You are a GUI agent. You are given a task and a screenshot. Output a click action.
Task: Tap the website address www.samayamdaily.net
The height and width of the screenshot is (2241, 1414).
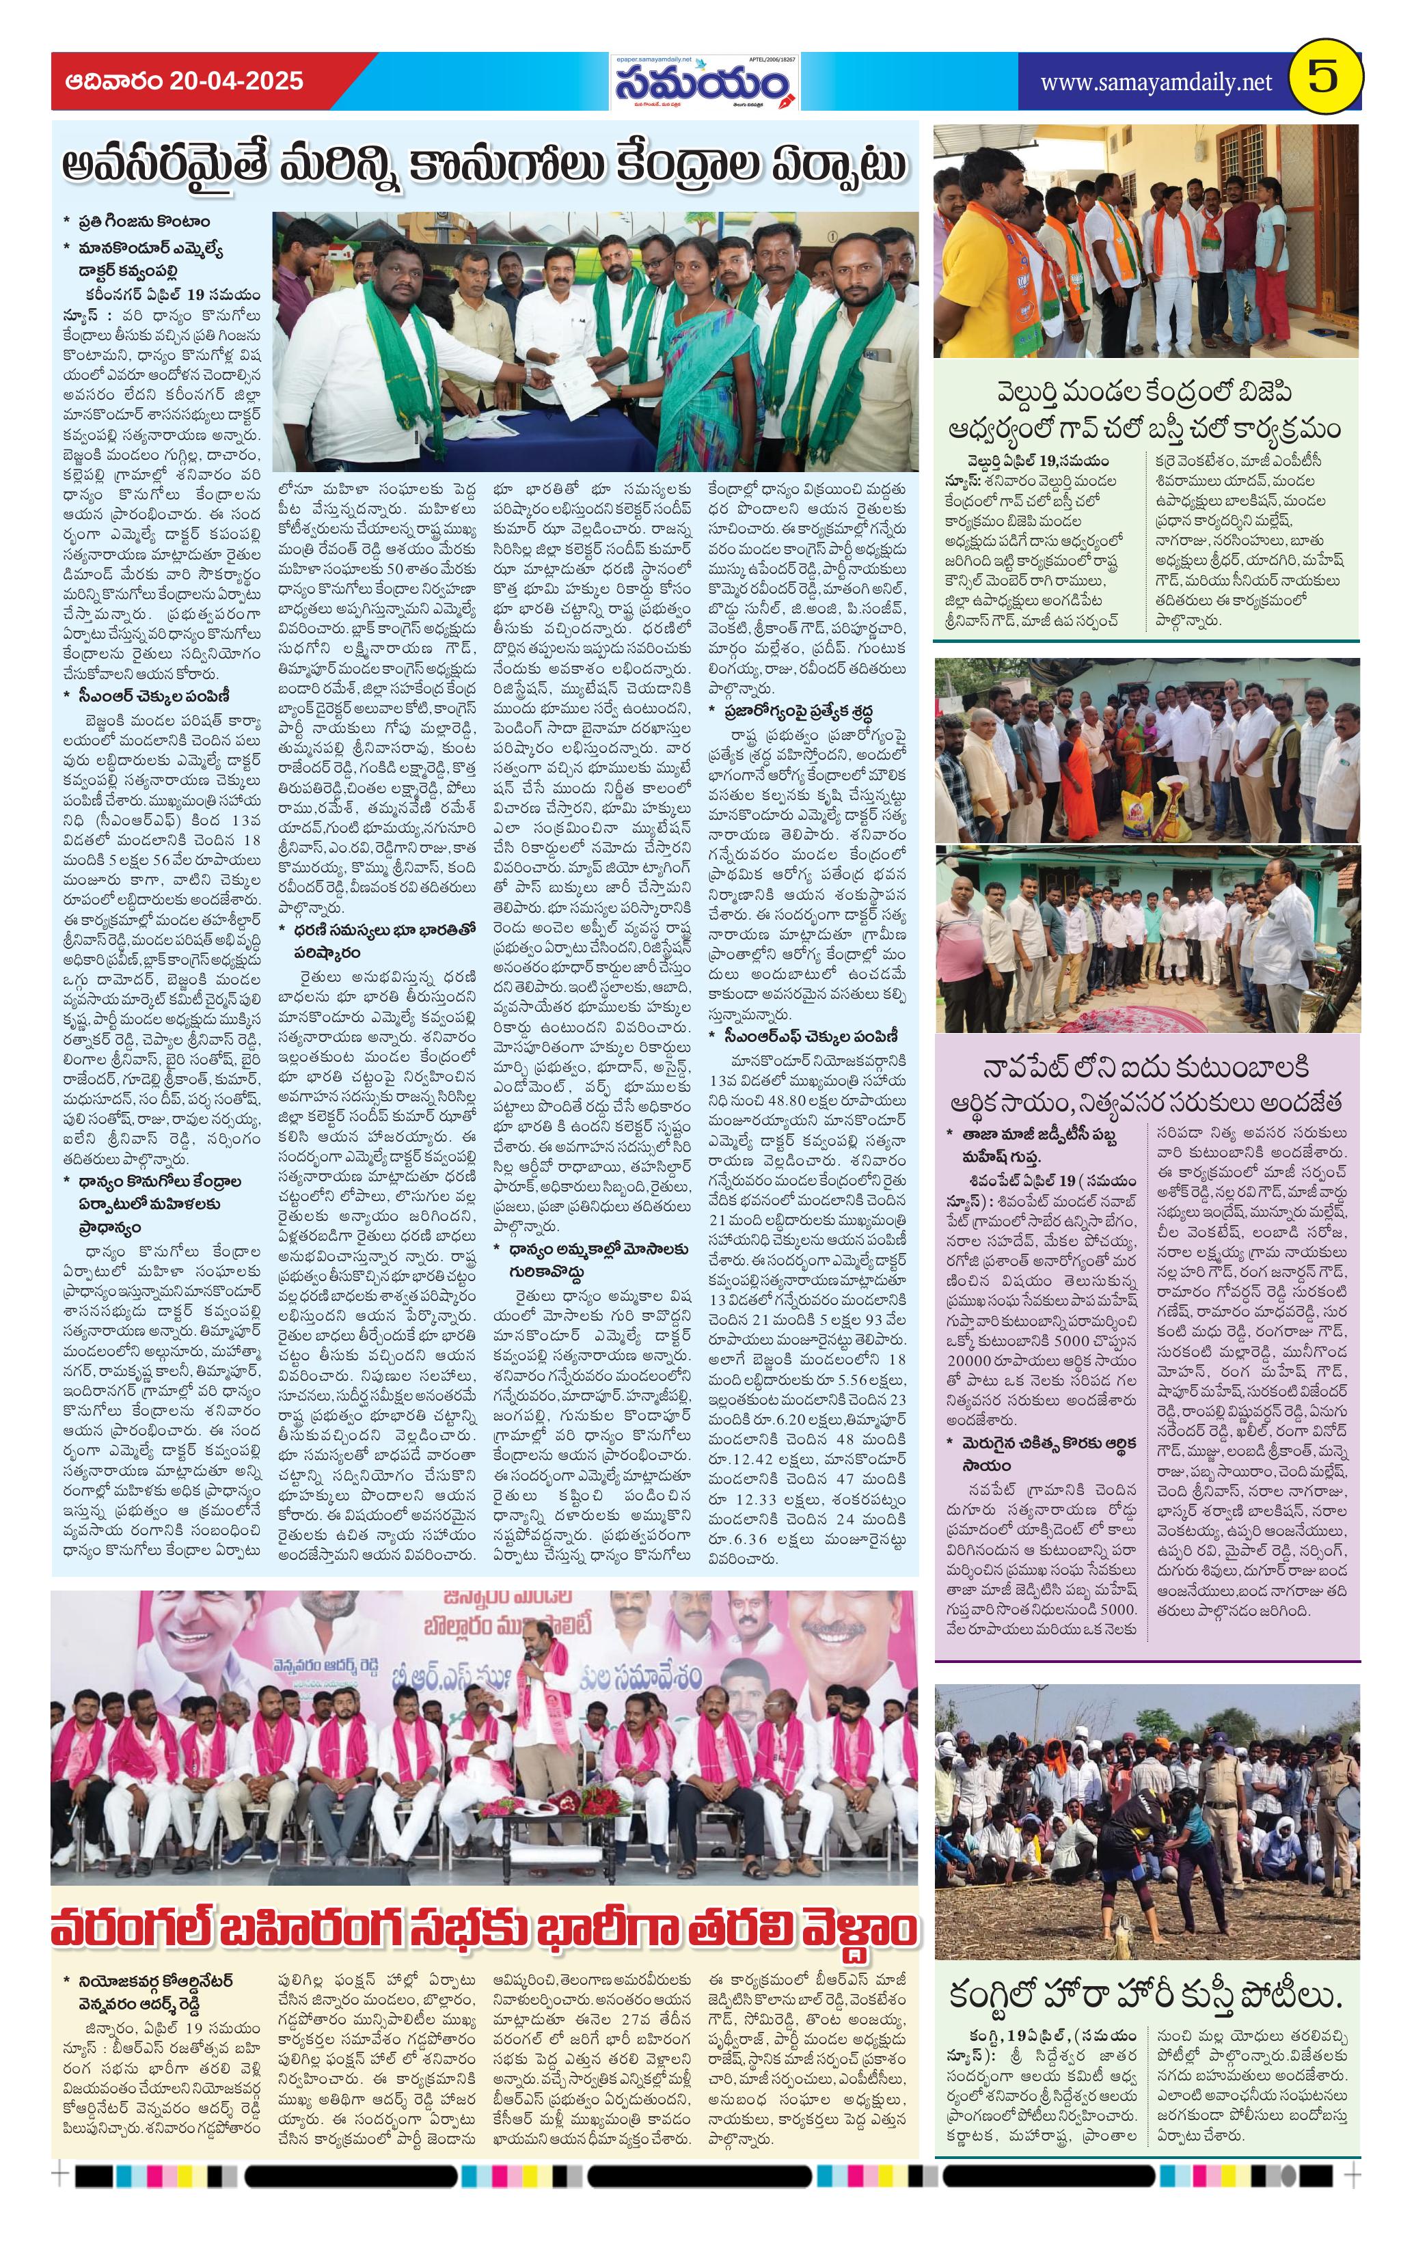pos(1155,82)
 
